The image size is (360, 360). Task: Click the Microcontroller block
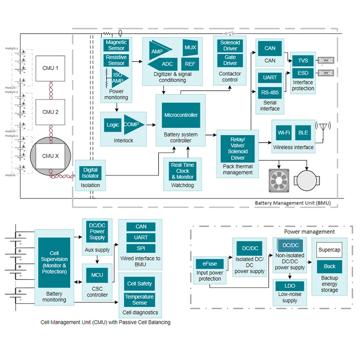coord(180,115)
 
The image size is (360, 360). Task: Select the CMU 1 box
coord(51,68)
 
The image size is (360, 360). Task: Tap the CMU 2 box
coord(51,112)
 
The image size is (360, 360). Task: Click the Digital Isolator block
coord(90,173)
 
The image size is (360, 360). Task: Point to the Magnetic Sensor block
coord(116,45)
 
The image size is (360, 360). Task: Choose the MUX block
coord(190,47)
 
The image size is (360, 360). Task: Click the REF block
coord(190,64)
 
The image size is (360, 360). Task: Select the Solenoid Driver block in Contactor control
coord(230,45)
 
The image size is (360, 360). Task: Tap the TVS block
coord(303,61)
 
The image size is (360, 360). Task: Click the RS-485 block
coord(270,93)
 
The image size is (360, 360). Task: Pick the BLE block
coord(303,133)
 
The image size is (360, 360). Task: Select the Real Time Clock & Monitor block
coord(183,171)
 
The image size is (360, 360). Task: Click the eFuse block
coord(210,264)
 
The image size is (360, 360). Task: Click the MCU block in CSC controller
coord(97,275)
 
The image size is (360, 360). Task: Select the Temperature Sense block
coord(139,300)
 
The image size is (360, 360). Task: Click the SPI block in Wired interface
coord(141,248)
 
